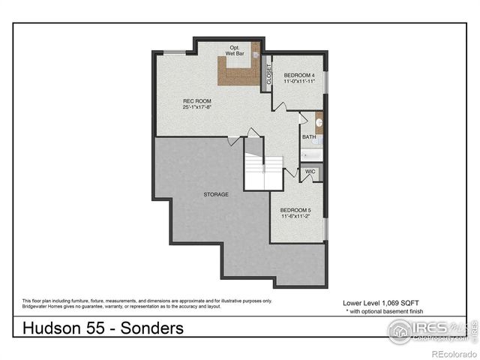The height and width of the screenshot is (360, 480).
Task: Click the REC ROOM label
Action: click(196, 100)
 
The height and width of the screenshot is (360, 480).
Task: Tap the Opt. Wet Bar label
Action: click(237, 50)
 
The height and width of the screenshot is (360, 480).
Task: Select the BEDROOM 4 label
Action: click(298, 75)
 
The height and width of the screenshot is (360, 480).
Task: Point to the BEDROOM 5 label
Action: click(295, 209)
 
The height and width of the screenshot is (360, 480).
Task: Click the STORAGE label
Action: click(216, 194)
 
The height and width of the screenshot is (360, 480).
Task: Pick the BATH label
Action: click(309, 136)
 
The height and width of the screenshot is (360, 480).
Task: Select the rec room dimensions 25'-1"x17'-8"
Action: click(196, 107)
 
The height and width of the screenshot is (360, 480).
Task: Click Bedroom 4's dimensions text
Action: click(298, 82)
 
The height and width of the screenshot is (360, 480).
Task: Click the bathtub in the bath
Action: click(311, 154)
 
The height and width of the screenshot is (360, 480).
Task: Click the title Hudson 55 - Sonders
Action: click(103, 328)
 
